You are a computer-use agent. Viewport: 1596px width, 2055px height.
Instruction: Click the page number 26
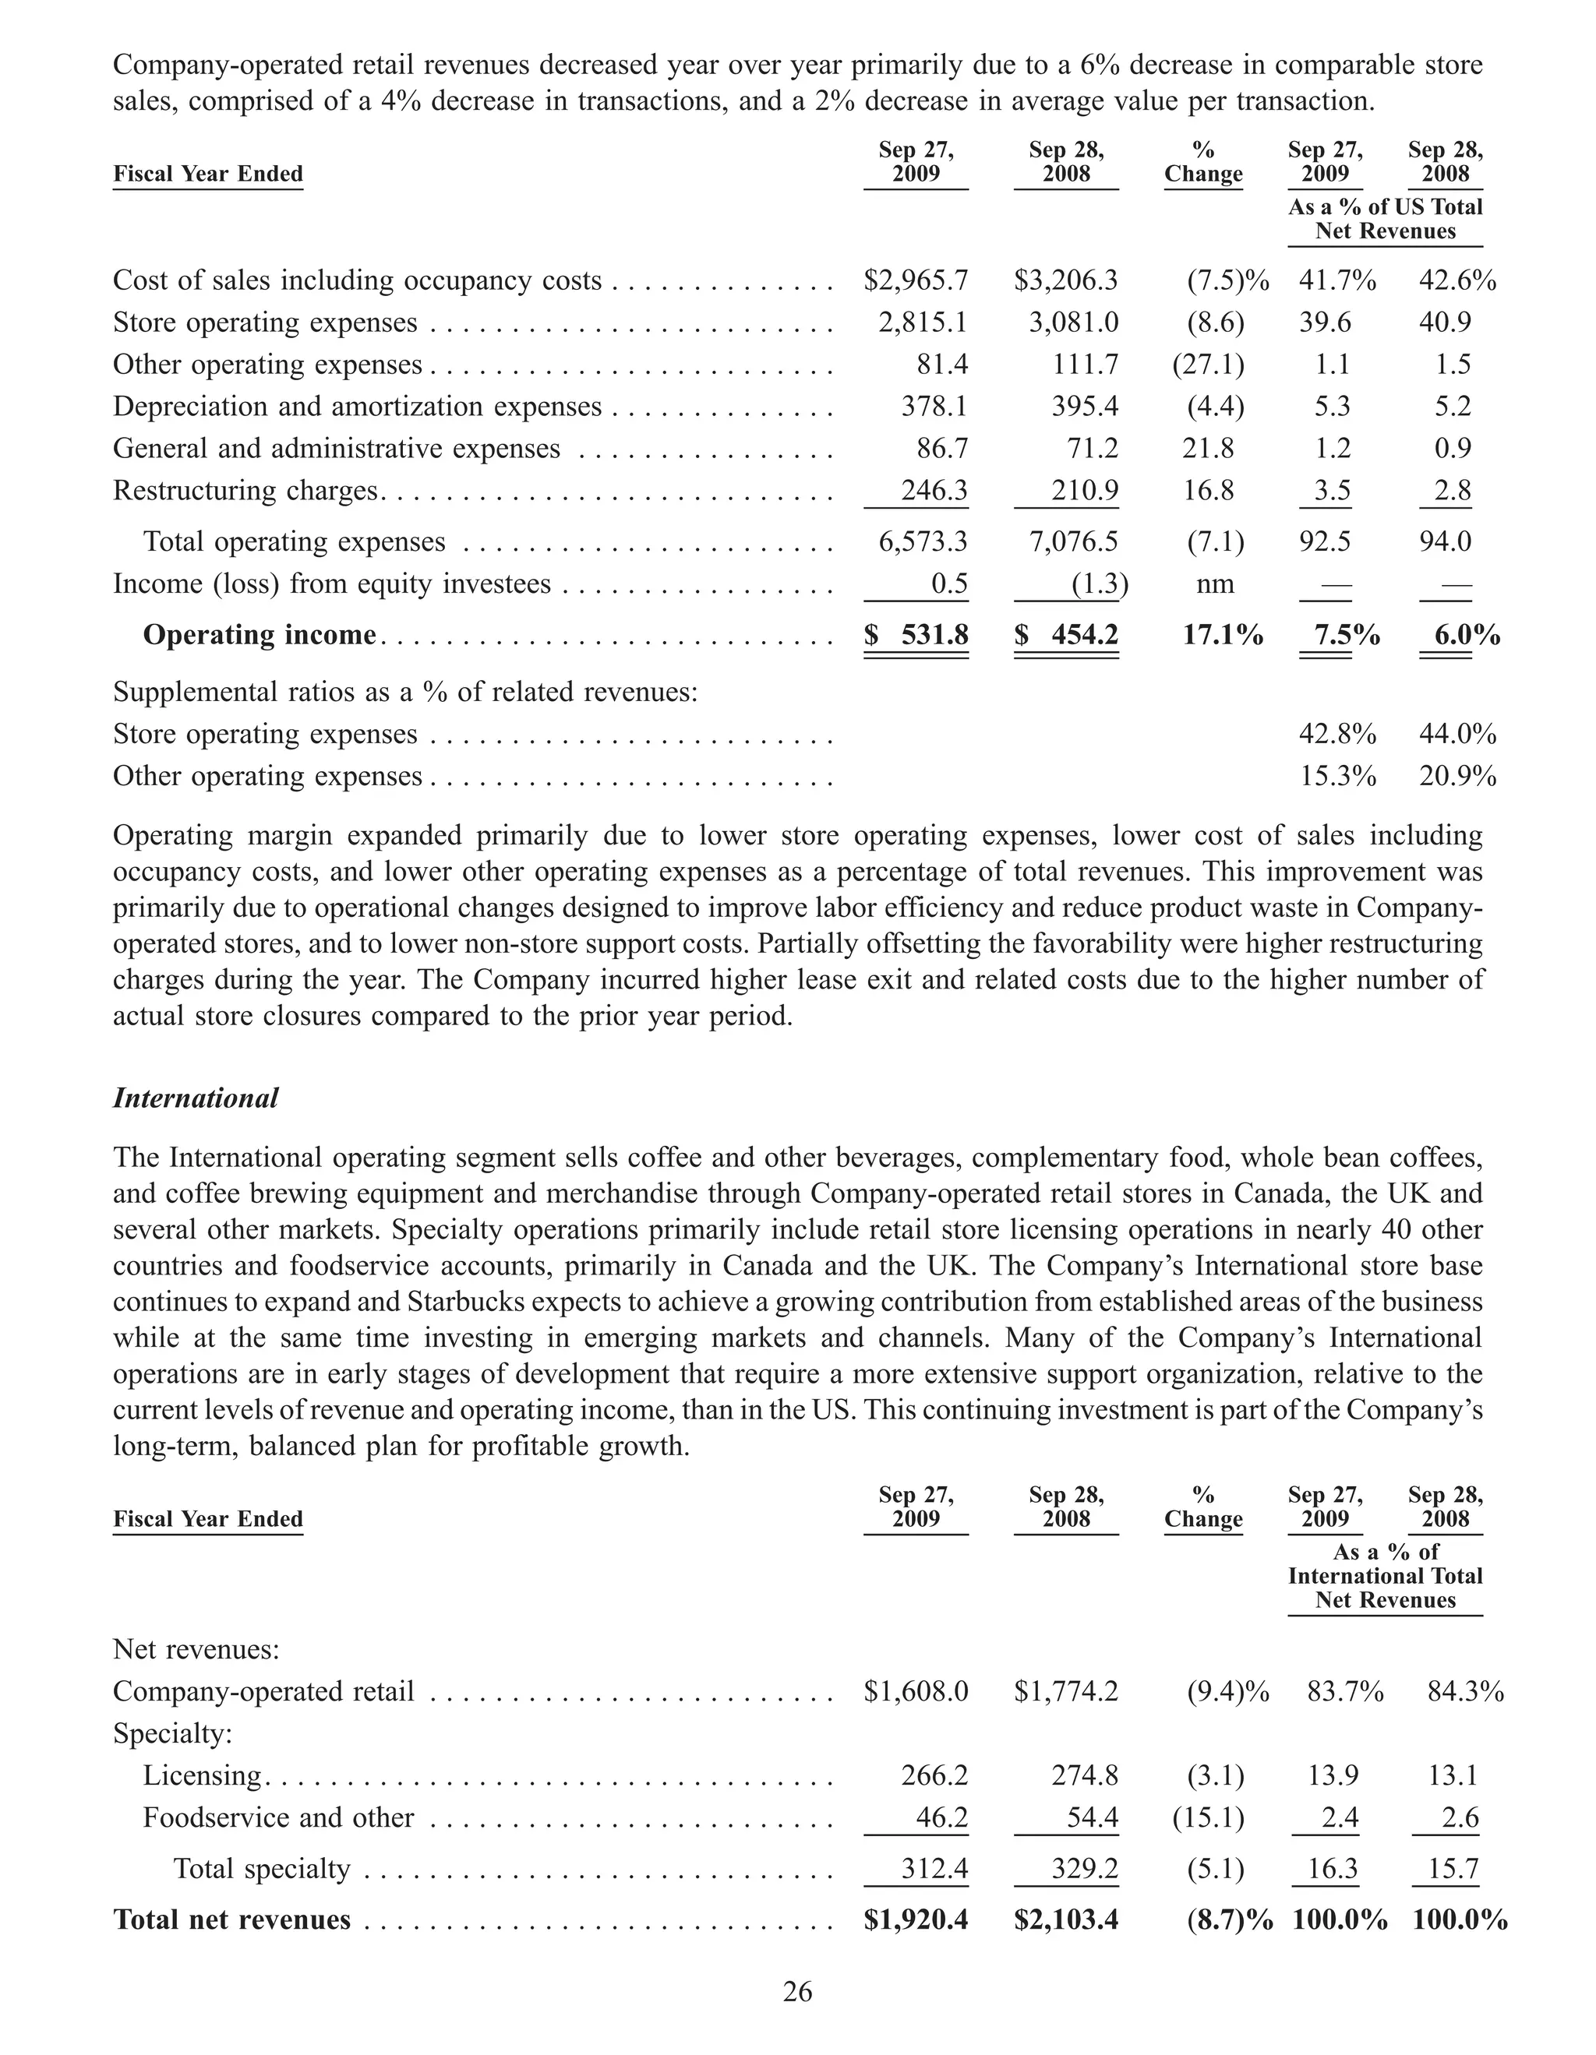point(797,1992)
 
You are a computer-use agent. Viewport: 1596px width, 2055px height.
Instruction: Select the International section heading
point(196,1098)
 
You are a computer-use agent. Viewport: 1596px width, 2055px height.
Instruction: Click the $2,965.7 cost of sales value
point(916,280)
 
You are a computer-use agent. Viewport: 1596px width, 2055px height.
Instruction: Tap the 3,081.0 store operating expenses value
point(1074,323)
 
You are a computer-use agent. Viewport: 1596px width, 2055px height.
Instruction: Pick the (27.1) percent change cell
point(1207,364)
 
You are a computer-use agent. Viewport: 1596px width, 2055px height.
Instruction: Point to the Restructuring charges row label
point(245,490)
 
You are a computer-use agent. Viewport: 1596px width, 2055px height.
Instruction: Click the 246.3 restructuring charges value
point(934,490)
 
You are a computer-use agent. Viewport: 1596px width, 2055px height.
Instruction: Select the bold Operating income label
point(259,635)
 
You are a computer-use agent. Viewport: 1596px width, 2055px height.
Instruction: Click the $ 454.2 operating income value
point(1066,635)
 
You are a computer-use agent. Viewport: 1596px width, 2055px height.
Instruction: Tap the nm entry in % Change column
point(1214,584)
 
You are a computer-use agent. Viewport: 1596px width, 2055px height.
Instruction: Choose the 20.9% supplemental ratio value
point(1457,776)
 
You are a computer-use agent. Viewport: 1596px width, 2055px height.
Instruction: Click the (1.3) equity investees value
point(1099,584)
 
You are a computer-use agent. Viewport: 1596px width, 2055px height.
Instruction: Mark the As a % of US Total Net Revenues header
point(1386,219)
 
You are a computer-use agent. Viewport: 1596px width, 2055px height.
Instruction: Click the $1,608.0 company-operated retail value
point(916,1692)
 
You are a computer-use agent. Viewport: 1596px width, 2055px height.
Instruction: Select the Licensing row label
point(201,1775)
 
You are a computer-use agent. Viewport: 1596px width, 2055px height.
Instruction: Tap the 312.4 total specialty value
point(934,1868)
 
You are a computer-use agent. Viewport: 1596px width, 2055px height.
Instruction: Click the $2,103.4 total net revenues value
point(1066,1919)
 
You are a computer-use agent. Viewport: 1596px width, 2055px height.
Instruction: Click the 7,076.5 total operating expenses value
point(1074,542)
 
